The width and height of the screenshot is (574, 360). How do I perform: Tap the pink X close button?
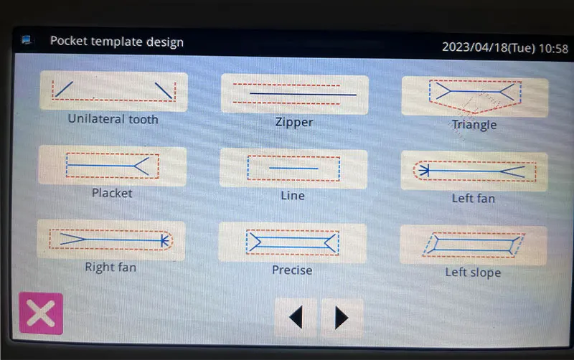point(41,313)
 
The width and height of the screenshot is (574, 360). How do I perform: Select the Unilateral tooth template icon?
point(114,91)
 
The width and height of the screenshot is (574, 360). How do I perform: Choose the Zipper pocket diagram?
point(295,94)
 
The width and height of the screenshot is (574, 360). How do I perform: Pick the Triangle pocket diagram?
point(475,97)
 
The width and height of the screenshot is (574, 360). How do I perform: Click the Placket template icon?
point(113,166)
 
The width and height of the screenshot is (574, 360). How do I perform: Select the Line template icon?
point(293,169)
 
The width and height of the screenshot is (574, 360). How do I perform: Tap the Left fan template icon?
point(474,171)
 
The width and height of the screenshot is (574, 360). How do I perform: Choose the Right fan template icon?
point(111,240)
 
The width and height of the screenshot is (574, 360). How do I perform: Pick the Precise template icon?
point(292,242)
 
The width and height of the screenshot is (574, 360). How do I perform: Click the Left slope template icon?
point(474,245)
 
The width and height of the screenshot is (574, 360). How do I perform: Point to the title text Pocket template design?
point(117,42)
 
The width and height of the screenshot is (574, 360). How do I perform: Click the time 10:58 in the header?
point(553,48)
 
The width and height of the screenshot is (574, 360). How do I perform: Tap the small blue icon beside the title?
point(26,39)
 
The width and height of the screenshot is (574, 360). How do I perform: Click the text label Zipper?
point(294,122)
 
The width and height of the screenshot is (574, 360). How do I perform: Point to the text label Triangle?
point(474,125)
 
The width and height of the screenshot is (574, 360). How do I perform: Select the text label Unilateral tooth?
point(113,119)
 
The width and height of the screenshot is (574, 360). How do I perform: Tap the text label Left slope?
point(473,273)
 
